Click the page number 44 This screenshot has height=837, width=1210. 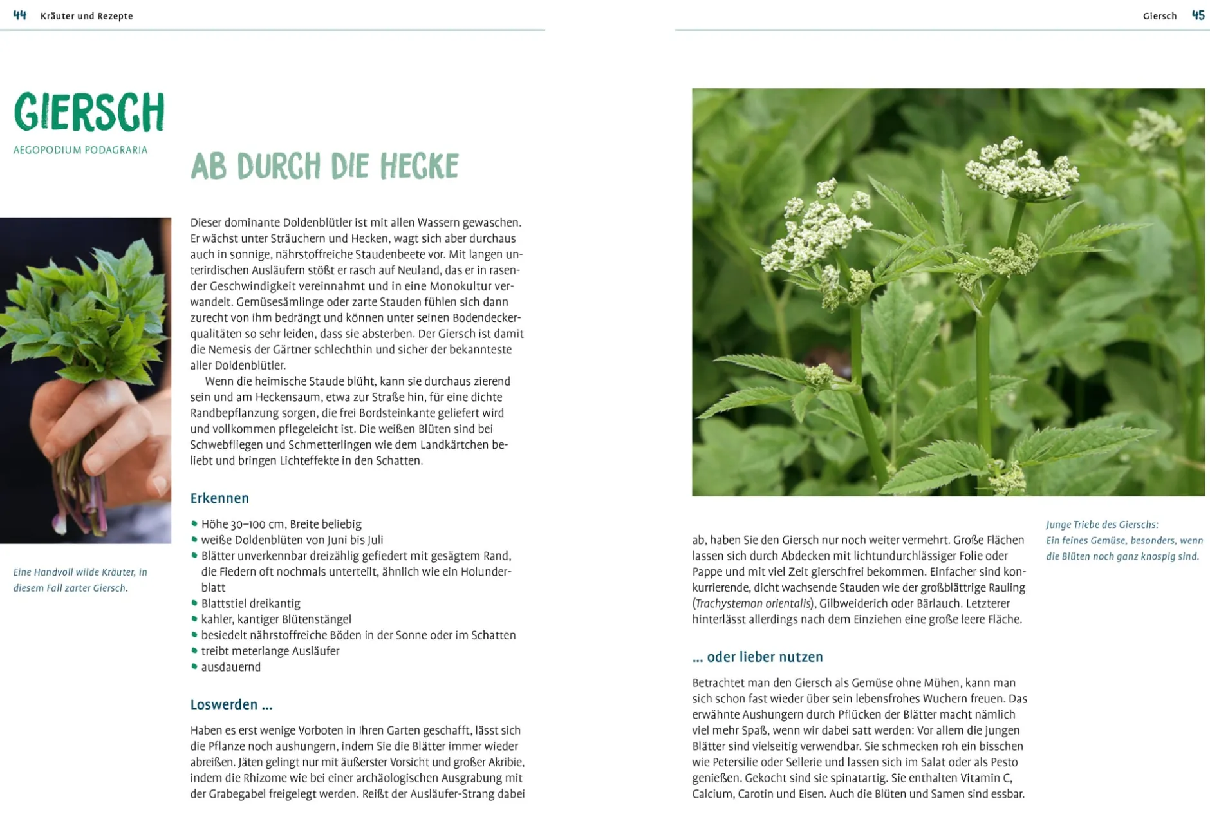[20, 15]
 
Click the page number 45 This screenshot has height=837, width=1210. [1198, 15]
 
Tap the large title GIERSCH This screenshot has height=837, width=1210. [89, 113]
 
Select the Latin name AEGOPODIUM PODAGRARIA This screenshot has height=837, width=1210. [80, 150]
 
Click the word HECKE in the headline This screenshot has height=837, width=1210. [419, 166]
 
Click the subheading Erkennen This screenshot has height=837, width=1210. [219, 498]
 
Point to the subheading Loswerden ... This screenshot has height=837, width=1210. [231, 704]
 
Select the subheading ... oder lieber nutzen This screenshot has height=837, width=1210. [758, 657]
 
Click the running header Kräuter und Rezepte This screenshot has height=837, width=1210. [86, 16]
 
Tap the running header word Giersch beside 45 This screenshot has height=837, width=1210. [1159, 16]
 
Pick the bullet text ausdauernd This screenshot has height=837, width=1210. [231, 667]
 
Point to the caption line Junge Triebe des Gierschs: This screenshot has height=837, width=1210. [1102, 525]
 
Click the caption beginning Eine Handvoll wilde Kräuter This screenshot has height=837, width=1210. [80, 572]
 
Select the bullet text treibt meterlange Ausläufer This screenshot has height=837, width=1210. [270, 651]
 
